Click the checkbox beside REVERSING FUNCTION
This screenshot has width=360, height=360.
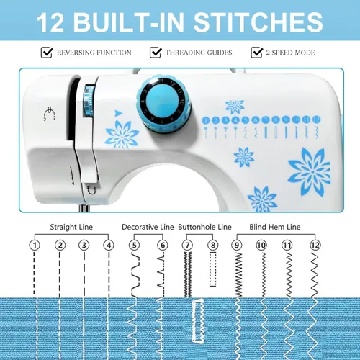coord(47,53)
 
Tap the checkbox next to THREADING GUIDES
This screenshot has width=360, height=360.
coord(156,53)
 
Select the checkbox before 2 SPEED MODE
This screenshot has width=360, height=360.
coord(257,53)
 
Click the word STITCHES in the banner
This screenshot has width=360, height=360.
coord(258,22)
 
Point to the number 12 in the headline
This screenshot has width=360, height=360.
coord(50,22)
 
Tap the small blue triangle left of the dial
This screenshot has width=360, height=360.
coord(118,113)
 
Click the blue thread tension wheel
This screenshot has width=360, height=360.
coord(89,101)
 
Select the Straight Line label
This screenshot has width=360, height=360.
coord(71,227)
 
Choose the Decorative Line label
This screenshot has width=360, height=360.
coord(148,227)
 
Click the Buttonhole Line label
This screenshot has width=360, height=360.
coord(204,227)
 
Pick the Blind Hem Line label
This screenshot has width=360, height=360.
coord(275,227)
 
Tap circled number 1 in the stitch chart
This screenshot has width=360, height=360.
coord(35,246)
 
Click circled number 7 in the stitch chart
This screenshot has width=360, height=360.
coord(187,246)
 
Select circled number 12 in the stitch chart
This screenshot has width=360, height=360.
coord(315,246)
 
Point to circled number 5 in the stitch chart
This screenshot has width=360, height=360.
coord(134,246)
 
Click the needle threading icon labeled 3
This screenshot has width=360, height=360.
coord(50,113)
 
